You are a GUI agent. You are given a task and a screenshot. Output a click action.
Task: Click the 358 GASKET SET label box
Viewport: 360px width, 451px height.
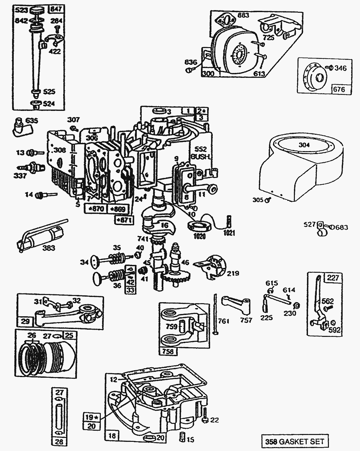(x=295, y=441)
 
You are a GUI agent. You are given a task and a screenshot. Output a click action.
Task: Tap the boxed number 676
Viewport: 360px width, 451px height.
(x=341, y=89)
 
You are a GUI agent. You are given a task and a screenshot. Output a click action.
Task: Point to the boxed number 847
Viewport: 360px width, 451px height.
(x=56, y=9)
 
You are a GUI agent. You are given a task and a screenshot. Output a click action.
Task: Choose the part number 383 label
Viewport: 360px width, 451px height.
(x=49, y=248)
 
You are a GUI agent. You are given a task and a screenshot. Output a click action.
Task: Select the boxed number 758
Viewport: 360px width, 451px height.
(x=168, y=351)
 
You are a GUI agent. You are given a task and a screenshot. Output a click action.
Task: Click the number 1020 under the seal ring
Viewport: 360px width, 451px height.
(x=199, y=235)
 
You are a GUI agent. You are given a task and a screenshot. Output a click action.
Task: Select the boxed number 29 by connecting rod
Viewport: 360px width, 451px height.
(x=25, y=321)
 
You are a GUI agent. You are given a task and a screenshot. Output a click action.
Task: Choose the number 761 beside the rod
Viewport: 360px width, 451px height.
(x=224, y=321)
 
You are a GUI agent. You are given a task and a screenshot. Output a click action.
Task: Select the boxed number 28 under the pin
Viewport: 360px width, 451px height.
(x=60, y=442)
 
